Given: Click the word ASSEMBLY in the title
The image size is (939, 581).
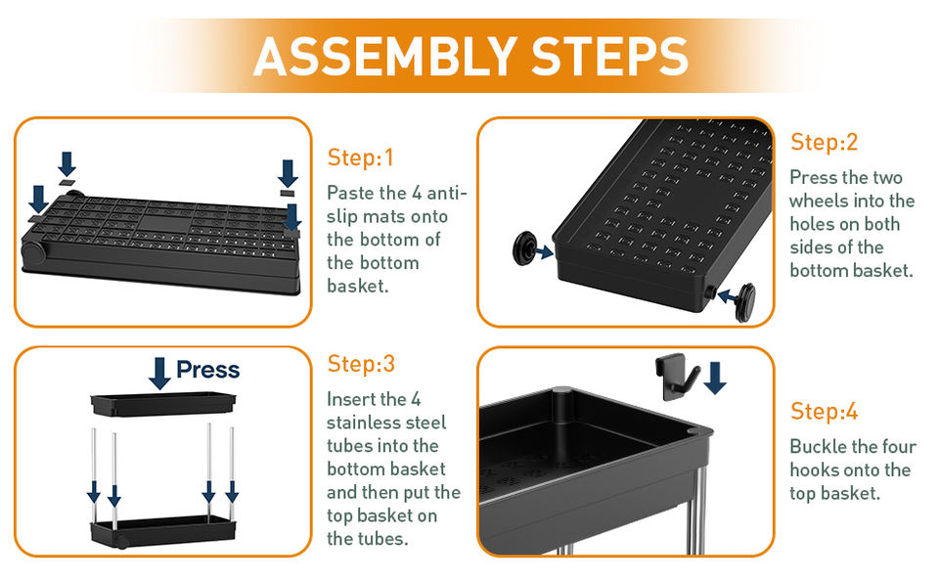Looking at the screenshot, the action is pyautogui.click(x=385, y=57).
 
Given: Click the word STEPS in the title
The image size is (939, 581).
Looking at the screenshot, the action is pyautogui.click(x=609, y=57).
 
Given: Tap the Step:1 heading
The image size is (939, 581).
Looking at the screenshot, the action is pyautogui.click(x=361, y=157).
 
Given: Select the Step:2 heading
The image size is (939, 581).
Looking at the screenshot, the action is pyautogui.click(x=824, y=142).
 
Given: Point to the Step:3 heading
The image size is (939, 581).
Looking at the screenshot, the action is pyautogui.click(x=361, y=364).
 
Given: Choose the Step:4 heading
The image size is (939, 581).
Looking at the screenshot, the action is pyautogui.click(x=824, y=412).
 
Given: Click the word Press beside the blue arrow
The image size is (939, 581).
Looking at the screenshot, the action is pyautogui.click(x=207, y=370).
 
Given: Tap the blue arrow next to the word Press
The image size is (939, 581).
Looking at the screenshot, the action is pyautogui.click(x=159, y=374).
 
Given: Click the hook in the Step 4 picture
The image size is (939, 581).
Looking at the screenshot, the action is pyautogui.click(x=677, y=378).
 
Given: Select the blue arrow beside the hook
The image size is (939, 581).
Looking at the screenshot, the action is pyautogui.click(x=715, y=378).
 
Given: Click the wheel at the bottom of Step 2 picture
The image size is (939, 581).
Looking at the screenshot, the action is pyautogui.click(x=745, y=302).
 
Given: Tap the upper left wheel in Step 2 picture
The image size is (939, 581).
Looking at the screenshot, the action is pyautogui.click(x=524, y=248).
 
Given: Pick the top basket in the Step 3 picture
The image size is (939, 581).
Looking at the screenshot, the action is pyautogui.click(x=163, y=404).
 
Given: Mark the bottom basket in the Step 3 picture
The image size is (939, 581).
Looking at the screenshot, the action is pyautogui.click(x=163, y=531).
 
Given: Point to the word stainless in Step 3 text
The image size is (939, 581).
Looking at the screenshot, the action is pyautogui.click(x=365, y=423).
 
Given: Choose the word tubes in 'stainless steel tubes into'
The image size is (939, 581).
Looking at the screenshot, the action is pyautogui.click(x=351, y=446).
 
